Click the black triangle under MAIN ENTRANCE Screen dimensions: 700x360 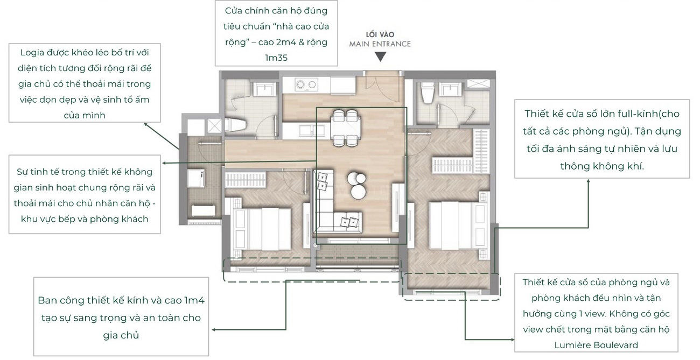click(380, 57)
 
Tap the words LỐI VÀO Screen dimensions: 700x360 click(380, 34)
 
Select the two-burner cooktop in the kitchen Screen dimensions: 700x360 click(306, 84)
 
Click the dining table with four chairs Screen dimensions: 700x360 click(345, 128)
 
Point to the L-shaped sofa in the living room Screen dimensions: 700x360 click(325, 215)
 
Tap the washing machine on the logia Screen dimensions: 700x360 click(196, 178)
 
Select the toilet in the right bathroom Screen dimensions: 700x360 click(426, 93)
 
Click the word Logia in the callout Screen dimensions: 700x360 click(32, 53)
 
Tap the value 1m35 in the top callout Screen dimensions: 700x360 click(276, 58)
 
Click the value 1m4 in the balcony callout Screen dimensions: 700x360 click(194, 300)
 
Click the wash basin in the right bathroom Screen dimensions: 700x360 click(451, 89)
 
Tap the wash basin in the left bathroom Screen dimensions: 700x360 click(265, 89)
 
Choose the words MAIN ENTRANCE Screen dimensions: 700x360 click(380, 44)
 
